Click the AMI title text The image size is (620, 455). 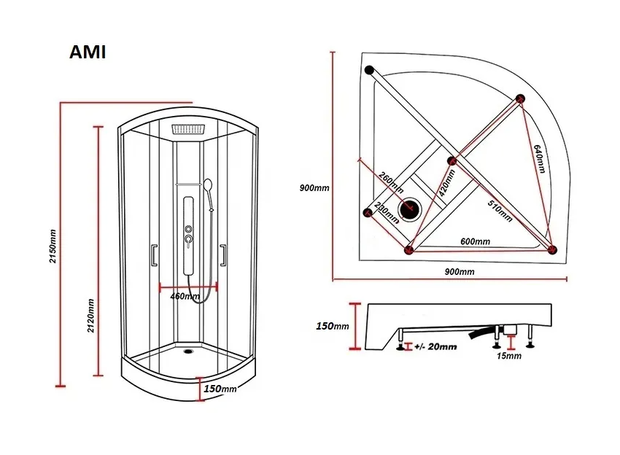click(88, 53)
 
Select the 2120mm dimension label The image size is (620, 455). click(90, 315)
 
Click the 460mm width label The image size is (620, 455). click(185, 297)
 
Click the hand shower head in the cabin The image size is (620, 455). click(209, 186)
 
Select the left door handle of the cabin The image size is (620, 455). click(153, 255)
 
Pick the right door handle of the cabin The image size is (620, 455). click(224, 254)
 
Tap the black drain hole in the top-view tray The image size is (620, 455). click(411, 209)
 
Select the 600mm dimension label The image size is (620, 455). click(475, 241)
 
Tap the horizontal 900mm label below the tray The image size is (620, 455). click(459, 272)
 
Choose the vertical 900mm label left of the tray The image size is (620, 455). click(314, 187)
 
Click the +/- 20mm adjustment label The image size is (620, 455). click(435, 347)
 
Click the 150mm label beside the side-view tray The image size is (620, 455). click(333, 326)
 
